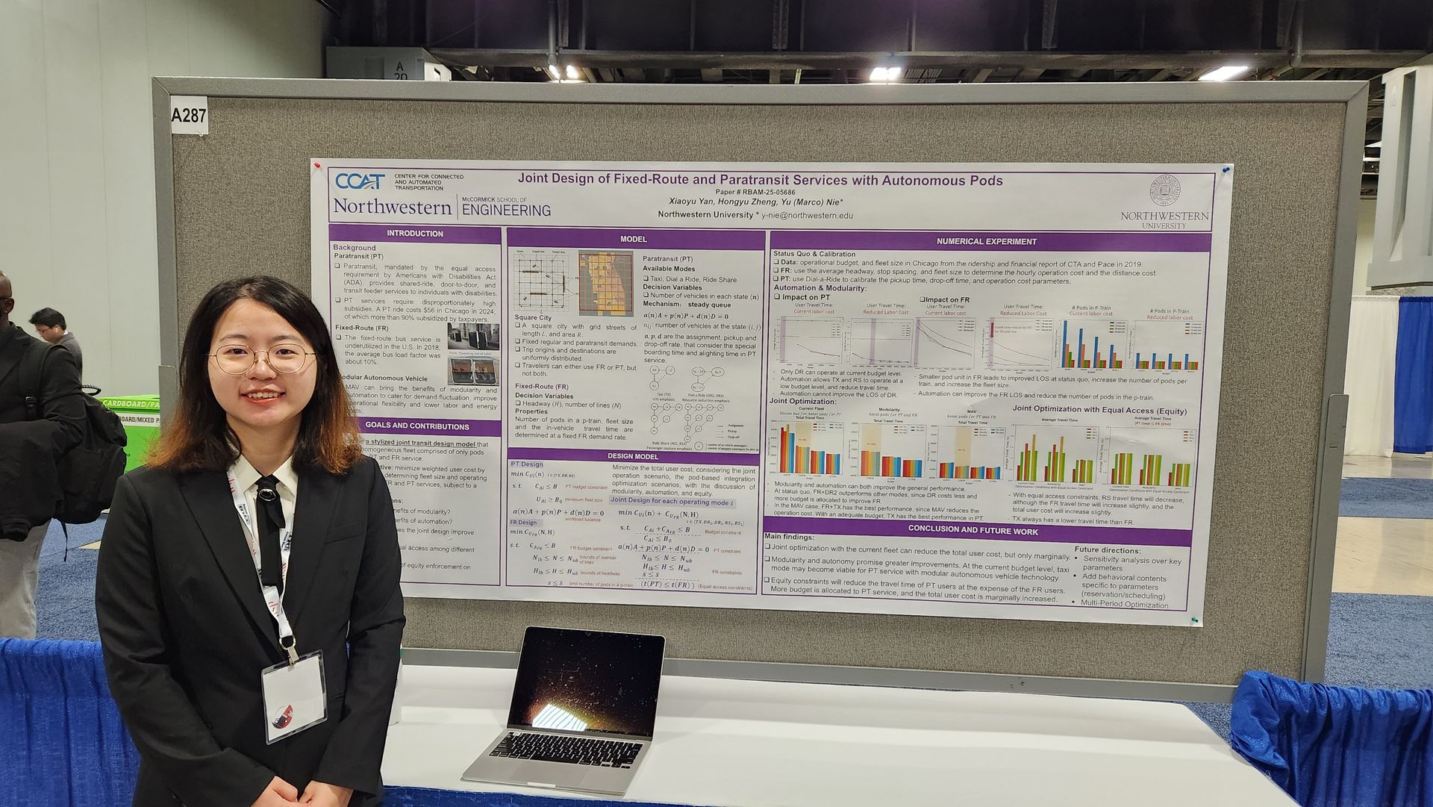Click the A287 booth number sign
tap(188, 116)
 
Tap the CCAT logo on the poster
tap(360, 181)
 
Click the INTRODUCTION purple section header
tap(414, 234)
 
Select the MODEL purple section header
tap(634, 239)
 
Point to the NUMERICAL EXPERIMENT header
tap(986, 242)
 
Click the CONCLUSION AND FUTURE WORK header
tap(972, 529)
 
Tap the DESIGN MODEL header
tap(632, 456)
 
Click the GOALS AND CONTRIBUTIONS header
tap(416, 426)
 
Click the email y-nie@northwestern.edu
tap(807, 216)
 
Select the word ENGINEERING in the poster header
tap(506, 211)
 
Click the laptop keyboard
tap(565, 749)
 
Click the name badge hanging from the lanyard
tap(293, 697)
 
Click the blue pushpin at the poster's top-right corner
tap(1225, 170)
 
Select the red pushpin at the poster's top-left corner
tap(316, 165)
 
